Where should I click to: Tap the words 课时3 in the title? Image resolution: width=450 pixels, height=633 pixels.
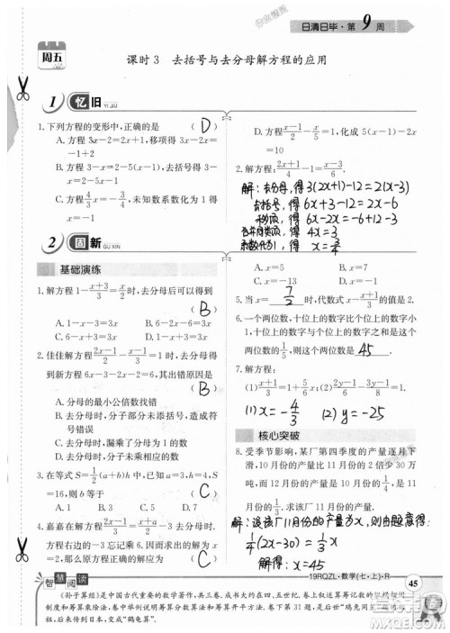point(145,60)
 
